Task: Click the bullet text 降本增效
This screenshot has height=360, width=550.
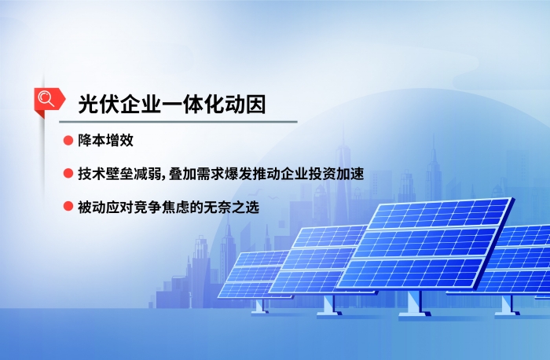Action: pos(106,141)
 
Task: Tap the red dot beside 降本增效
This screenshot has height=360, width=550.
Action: pos(68,141)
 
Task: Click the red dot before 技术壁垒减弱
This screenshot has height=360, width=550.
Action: pos(68,174)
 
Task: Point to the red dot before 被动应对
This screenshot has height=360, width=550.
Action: pos(68,208)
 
